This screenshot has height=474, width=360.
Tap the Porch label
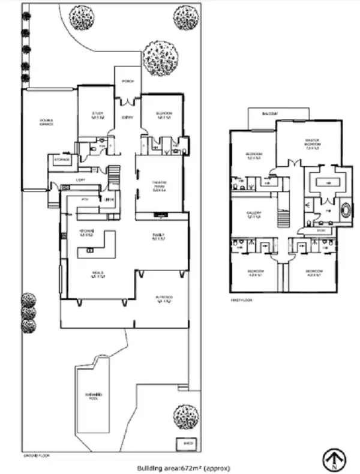pos(128,81)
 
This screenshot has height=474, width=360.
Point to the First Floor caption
pos(238,299)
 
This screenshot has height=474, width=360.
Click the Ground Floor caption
pos(36,457)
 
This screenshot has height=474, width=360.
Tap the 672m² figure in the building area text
pos(187,467)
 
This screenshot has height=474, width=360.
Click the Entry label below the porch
pos(127,118)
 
